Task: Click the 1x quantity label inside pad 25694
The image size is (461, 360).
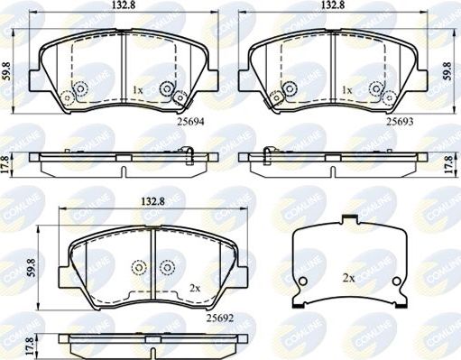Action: point(138,91)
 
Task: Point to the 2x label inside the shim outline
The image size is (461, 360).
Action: point(347,278)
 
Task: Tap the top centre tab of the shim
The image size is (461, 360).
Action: point(347,219)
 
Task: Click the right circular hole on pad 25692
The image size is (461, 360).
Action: point(166,268)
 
